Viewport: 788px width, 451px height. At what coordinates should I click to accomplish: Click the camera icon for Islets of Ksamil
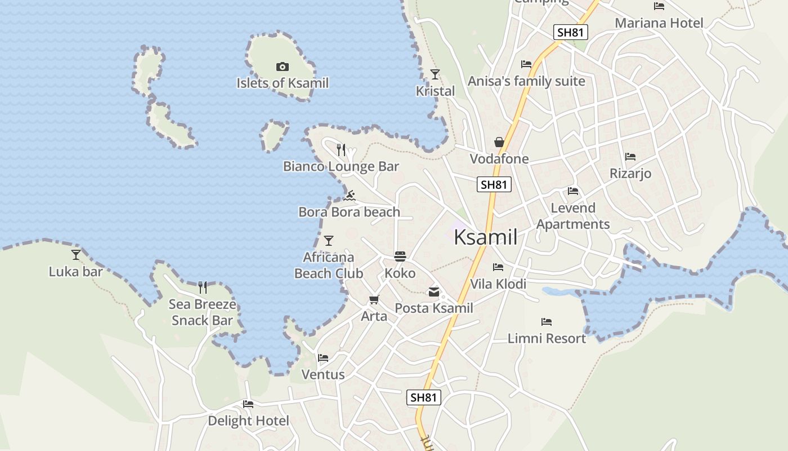(x=283, y=67)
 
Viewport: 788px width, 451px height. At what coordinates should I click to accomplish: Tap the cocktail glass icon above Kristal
(x=435, y=74)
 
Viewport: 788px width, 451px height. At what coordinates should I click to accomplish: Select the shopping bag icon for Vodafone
(x=499, y=142)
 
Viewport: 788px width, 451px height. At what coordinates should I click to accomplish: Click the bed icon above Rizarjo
(x=630, y=156)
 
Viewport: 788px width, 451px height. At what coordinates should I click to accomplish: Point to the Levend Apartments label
(x=573, y=216)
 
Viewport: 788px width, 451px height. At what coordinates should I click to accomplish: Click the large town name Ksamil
(x=485, y=237)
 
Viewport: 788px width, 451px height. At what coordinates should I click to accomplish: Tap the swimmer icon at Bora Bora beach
(x=350, y=196)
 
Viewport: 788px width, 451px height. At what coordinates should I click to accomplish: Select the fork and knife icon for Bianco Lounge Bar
(x=341, y=149)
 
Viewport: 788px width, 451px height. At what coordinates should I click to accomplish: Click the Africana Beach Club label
(x=329, y=265)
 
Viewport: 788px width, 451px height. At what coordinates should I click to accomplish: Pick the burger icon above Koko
(x=400, y=257)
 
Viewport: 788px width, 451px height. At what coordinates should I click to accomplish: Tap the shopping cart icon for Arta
(x=374, y=299)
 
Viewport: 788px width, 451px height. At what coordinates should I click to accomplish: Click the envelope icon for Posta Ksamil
(x=434, y=291)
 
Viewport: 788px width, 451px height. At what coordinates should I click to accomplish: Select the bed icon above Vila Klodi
(x=498, y=267)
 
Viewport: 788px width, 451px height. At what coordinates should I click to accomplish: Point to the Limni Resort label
(x=547, y=338)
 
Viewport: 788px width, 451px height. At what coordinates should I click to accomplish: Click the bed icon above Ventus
(x=323, y=357)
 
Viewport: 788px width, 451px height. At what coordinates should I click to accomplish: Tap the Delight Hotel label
(x=248, y=421)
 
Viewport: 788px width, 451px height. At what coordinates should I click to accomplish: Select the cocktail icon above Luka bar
(x=76, y=254)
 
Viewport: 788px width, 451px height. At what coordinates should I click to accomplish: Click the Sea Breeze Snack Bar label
(x=202, y=312)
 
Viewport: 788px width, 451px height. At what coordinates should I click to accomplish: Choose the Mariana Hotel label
(x=659, y=23)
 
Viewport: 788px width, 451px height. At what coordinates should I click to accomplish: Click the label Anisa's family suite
(x=526, y=81)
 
